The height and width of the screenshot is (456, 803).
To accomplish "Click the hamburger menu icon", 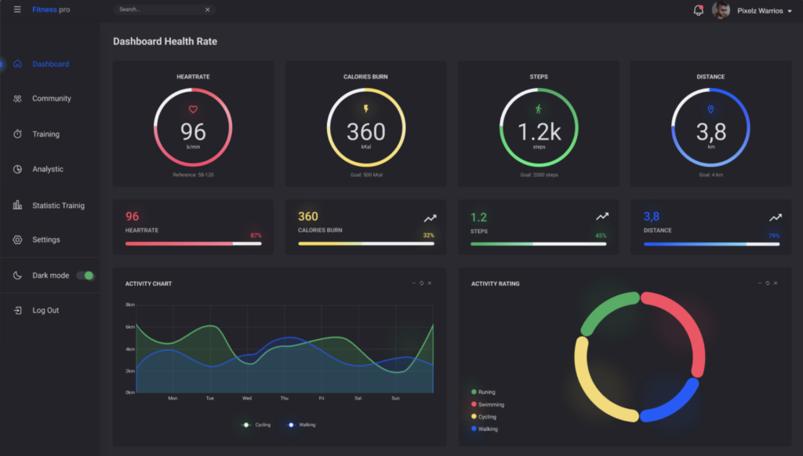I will [17, 9].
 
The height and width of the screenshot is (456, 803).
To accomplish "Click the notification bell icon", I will [698, 10].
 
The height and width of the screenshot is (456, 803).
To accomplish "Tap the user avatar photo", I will [721, 10].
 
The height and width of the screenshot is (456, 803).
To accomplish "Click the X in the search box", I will [207, 9].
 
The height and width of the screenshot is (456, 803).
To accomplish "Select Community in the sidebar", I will [51, 99].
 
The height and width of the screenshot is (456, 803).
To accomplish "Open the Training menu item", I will [45, 134].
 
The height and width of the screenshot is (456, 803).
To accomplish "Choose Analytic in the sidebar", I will [48, 170].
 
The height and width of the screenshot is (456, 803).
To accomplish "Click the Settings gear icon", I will [17, 239].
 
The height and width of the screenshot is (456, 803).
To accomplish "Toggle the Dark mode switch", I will [85, 275].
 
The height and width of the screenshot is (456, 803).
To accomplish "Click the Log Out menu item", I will [45, 311].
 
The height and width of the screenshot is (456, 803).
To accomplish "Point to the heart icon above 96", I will [193, 110].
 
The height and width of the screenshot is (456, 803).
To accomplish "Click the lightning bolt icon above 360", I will [365, 109].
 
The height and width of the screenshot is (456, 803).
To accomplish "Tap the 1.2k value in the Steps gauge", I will [539, 132].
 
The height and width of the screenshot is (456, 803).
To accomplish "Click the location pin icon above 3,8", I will [710, 110].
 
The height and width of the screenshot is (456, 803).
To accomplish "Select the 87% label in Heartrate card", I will [256, 235].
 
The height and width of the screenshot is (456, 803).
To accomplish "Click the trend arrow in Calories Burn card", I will [430, 217].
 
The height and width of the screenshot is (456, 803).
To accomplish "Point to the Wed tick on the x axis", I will [247, 398].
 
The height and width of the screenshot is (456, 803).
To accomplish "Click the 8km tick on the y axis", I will [130, 305].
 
